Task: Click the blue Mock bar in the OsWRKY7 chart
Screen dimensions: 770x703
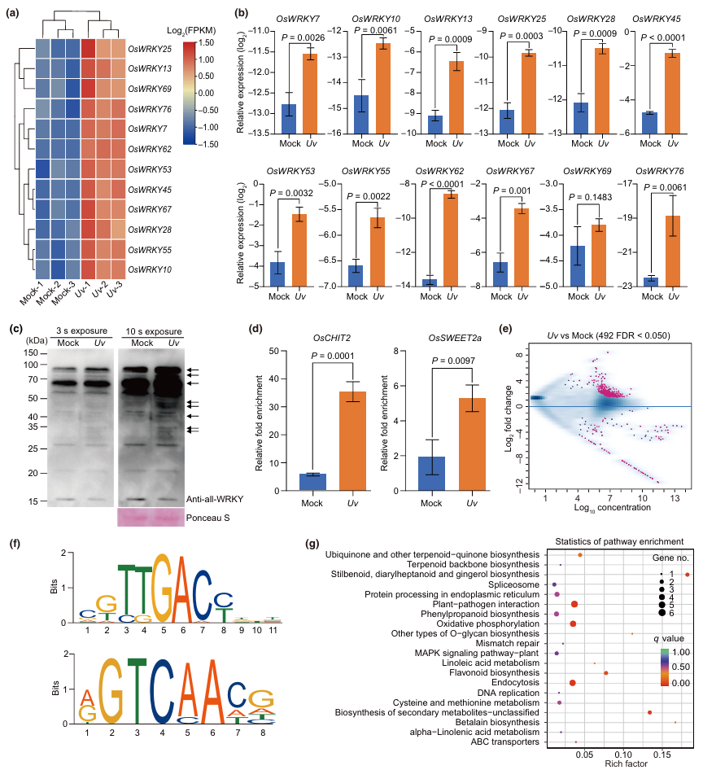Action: [289, 120]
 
